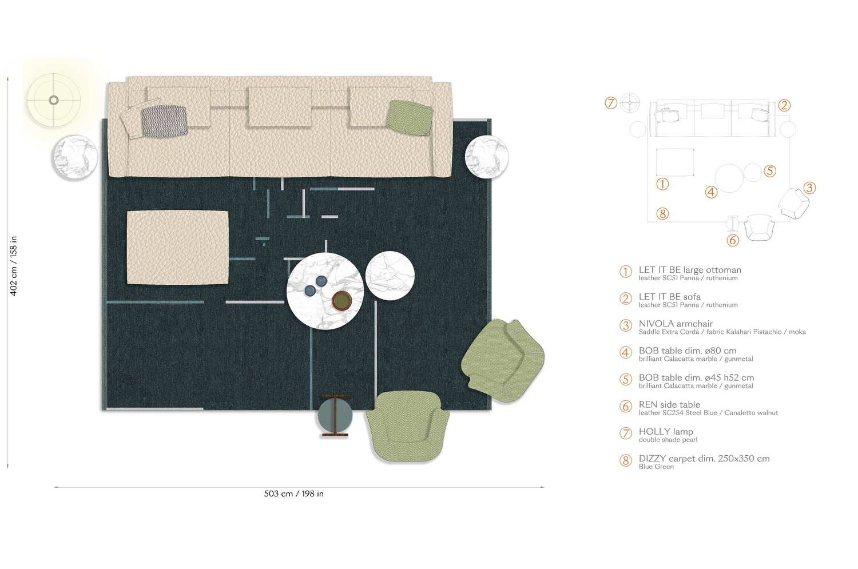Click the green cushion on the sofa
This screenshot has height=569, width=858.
409,117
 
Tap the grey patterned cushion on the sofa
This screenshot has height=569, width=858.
164,121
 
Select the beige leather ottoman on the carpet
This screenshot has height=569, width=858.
177,247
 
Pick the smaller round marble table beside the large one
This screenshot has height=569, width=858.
390,276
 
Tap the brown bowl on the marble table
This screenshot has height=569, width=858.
341,300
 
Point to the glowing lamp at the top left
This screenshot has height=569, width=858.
54,100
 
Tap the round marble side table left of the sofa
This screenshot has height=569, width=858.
75,157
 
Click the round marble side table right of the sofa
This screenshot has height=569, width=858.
486,157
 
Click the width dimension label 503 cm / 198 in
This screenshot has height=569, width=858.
293,494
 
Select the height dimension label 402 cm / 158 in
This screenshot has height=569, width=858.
14,266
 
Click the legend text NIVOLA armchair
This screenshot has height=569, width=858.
676,324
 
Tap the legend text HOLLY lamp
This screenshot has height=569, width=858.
666,432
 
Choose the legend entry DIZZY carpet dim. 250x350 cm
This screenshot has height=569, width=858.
704,459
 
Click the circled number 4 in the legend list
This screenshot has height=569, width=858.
626,352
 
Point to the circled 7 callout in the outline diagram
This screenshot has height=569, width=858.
611,103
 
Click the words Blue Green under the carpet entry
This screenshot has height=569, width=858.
656,467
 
